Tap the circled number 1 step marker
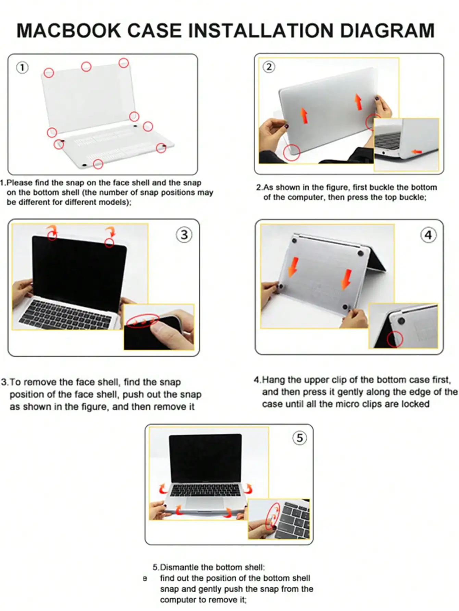22,67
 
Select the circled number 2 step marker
269,67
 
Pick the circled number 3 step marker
184,235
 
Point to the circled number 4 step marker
428,235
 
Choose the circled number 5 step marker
300,438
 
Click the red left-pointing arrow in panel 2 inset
417,152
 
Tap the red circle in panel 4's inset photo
395,339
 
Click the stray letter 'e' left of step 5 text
145,578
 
